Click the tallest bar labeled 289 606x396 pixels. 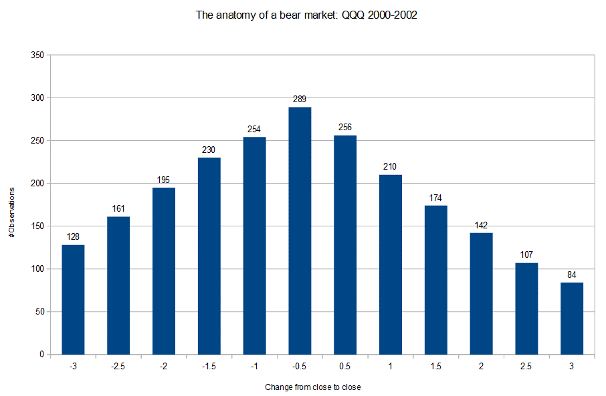point(300,230)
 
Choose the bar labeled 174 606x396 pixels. point(436,280)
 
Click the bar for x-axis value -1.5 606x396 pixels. point(209,256)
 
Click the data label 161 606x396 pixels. point(118,209)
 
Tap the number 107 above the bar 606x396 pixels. point(526,255)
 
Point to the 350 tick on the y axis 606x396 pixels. point(37,55)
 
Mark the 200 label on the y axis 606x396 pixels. point(37,184)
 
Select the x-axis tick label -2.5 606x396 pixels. point(118,367)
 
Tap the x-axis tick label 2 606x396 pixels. point(482,367)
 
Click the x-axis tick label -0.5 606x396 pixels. point(300,367)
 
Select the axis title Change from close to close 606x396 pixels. point(313,387)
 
